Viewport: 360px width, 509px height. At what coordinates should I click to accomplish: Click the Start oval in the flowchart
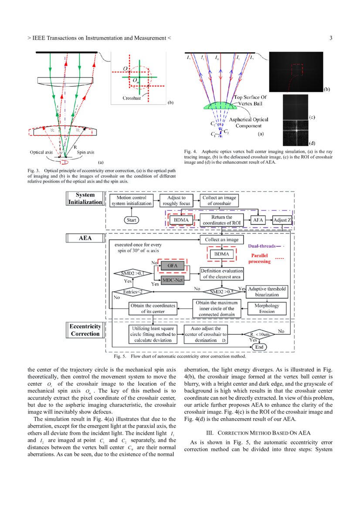tap(131, 220)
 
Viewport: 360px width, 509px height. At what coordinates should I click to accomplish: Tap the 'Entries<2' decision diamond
tap(130, 292)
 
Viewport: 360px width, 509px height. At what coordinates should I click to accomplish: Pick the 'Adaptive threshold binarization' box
tap(267, 291)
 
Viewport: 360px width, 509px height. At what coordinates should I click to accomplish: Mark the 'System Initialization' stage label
tap(85, 199)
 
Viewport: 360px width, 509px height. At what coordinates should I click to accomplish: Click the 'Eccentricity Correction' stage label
tap(85, 330)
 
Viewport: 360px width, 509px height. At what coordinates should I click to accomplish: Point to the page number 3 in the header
tap(331, 38)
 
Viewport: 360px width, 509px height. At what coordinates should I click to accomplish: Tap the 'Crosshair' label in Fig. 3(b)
tap(131, 98)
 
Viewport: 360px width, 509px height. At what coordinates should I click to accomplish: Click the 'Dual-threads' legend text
tap(263, 246)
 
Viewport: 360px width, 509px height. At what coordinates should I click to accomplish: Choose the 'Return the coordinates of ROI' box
tap(221, 220)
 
